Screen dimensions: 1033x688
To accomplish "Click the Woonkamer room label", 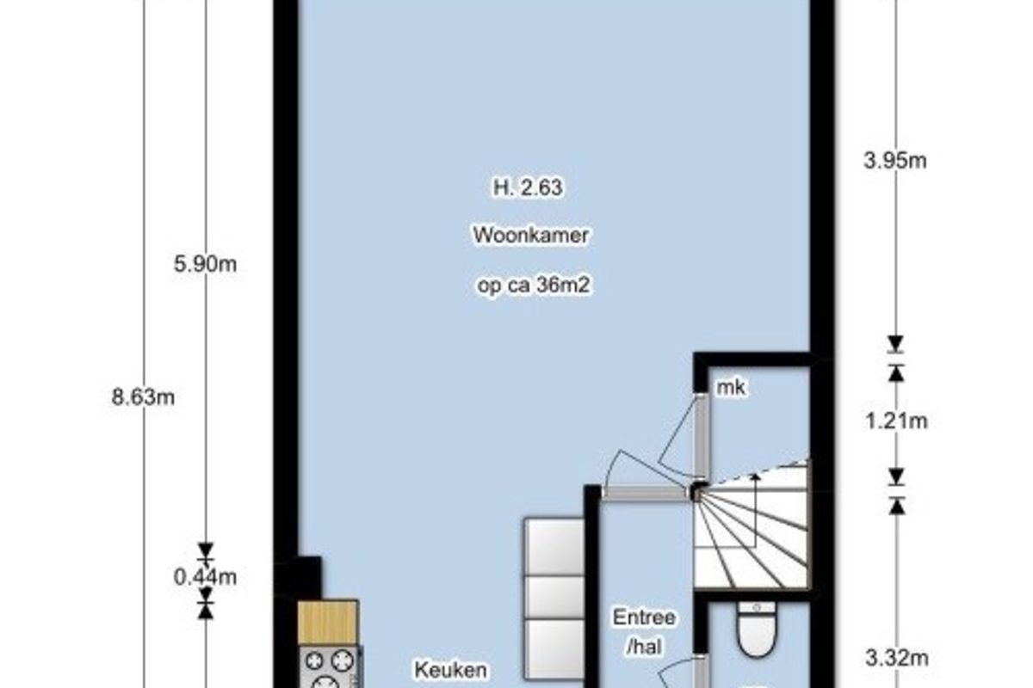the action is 531,236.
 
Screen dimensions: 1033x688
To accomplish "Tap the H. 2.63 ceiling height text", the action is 528,187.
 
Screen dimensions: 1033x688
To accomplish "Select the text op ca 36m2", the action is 534,286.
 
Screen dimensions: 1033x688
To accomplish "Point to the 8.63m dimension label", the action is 143,397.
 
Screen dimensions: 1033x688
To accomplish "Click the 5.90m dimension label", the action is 205,265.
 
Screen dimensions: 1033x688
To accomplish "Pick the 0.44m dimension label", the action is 205,577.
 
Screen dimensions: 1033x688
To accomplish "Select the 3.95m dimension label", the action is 895,162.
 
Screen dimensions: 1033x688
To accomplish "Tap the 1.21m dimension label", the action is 896,421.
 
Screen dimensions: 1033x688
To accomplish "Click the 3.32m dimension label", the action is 897,658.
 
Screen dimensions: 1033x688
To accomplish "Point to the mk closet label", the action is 731,388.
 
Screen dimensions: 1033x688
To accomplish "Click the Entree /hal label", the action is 644,632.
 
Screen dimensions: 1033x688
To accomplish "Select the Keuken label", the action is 450,671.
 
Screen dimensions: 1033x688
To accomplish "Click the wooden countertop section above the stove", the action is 328,622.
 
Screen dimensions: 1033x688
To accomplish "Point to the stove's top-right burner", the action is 342,660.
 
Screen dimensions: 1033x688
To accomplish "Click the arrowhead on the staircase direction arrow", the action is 755,477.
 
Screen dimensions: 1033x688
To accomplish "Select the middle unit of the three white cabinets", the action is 554,597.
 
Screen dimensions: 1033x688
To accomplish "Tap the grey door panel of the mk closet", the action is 701,436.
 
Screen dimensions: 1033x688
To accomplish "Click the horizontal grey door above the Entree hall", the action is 645,494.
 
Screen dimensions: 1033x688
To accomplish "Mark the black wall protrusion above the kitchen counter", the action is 309,577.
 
